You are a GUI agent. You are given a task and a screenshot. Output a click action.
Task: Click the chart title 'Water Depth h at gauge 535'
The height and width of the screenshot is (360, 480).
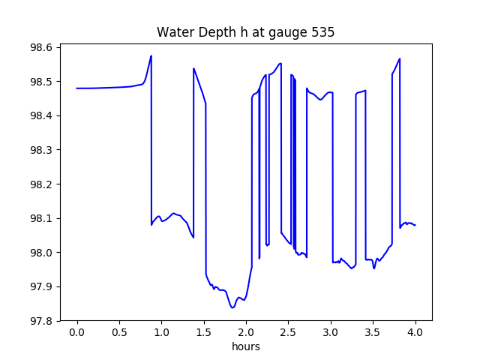point(245,33)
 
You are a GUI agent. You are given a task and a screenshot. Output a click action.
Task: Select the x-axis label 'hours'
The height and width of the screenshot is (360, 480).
point(245,347)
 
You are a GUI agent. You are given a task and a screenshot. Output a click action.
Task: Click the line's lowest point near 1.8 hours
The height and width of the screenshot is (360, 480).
point(232,307)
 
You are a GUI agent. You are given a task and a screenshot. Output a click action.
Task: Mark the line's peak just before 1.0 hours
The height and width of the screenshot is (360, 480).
point(151,56)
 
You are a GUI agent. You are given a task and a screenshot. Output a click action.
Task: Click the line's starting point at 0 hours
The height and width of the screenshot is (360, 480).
point(77,88)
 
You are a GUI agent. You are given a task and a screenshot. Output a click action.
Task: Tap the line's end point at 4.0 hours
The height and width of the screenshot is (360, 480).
point(415,225)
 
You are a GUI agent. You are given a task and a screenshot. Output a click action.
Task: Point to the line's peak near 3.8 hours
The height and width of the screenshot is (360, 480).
point(400,58)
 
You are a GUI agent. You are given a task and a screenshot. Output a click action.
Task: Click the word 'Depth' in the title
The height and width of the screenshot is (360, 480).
point(209,33)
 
